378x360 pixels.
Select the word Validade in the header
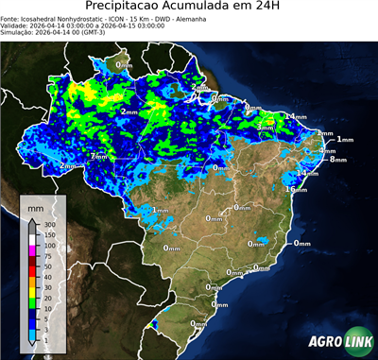pos(17,26)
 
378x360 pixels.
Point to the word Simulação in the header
pos(20,33)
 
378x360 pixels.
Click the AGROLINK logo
pos(337,343)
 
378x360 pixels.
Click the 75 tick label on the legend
pos(50,255)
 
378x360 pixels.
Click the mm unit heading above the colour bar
pos(35,206)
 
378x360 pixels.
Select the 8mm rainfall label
pos(337,160)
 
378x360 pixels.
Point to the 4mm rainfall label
pos(327,150)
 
